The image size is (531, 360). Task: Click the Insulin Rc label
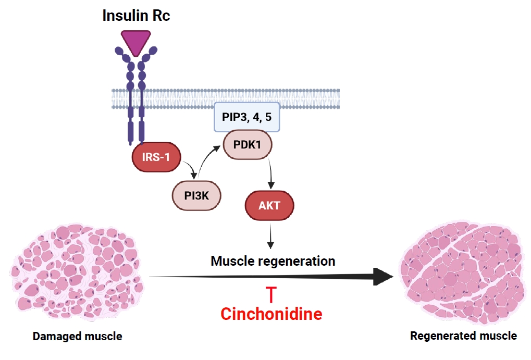pos(136,15)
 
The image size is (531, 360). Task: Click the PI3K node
pos(197,195)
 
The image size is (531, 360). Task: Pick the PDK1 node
pos(248,143)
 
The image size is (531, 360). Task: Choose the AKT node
pos(269,205)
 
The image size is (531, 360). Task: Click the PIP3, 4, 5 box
pos(247,117)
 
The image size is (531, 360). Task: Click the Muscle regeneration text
pos(273,260)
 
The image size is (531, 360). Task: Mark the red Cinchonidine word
pos(271,314)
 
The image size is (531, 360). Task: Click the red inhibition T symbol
pos(271,294)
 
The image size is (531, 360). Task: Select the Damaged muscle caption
pos(78,337)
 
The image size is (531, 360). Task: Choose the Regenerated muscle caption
pos(463,336)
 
